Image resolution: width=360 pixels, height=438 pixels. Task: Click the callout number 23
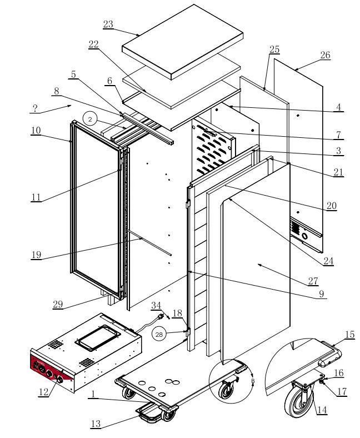108,24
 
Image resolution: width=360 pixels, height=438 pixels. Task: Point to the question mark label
35,108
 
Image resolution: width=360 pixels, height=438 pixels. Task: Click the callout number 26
325,55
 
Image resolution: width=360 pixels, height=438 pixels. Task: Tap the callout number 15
349,335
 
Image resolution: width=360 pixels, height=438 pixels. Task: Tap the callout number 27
314,282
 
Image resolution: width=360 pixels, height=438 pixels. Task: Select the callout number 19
37,256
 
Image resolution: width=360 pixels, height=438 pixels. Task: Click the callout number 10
36,130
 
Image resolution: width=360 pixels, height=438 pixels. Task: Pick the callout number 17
342,391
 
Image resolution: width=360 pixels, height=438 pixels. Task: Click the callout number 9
322,295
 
